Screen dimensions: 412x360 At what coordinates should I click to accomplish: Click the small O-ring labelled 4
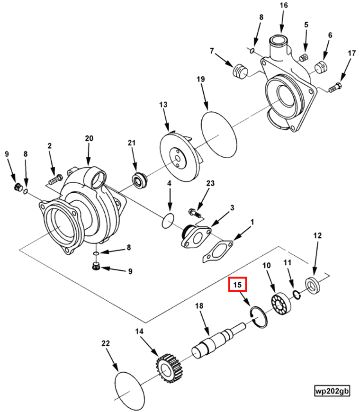tap(168, 220)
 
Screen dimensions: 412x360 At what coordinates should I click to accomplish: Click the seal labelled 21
tap(139, 180)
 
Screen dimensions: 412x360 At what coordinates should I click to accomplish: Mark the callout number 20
tap(89, 138)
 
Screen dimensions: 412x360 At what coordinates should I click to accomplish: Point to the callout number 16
tap(283, 6)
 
